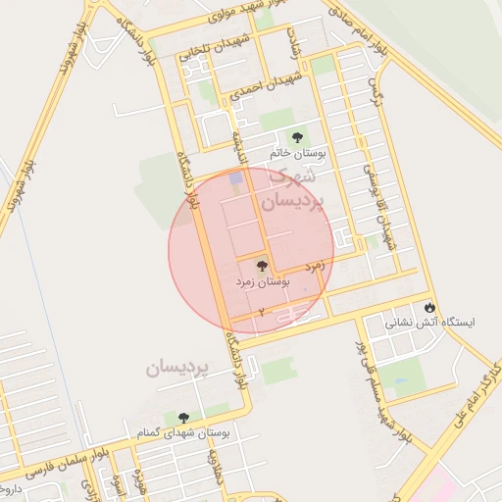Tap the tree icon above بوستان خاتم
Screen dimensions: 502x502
coord(297,137)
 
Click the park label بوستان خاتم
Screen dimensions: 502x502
coord(297,155)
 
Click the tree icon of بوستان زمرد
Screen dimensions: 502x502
coord(261,266)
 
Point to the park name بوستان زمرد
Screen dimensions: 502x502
coord(261,281)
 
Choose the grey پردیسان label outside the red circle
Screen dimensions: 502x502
coord(178,368)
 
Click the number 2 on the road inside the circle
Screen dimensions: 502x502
coord(262,311)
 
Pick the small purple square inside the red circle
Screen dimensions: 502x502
coord(234,178)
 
